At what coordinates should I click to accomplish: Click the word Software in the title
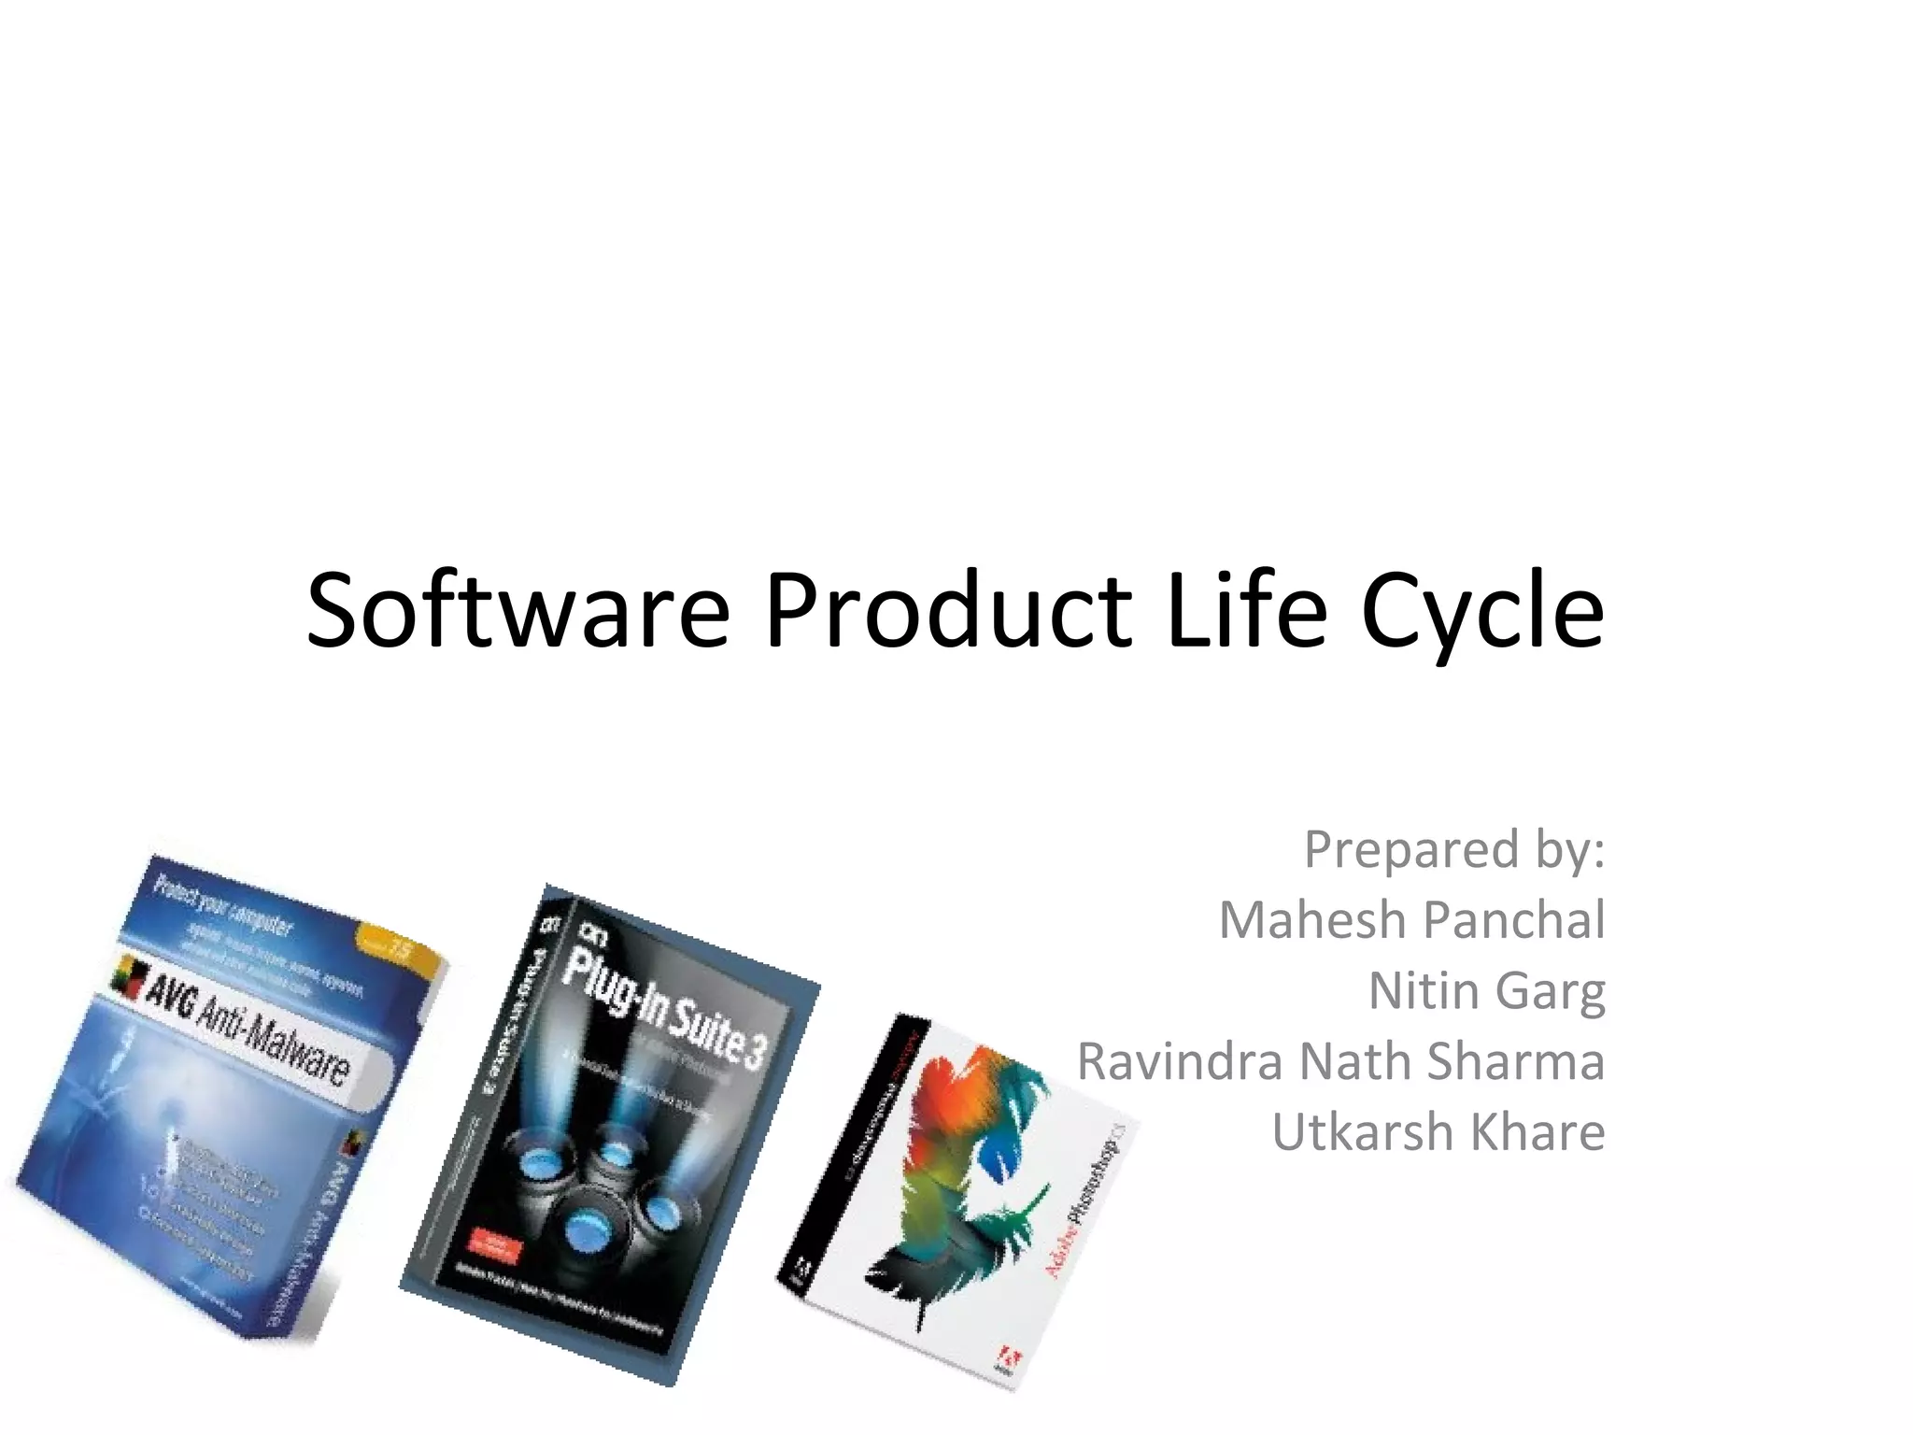click(x=517, y=611)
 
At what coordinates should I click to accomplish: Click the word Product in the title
click(x=949, y=611)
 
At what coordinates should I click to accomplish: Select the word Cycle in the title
click(x=1483, y=611)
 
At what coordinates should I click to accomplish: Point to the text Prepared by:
click(x=1454, y=849)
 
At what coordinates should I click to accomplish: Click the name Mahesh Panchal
click(x=1411, y=919)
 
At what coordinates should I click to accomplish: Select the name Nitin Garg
click(x=1486, y=990)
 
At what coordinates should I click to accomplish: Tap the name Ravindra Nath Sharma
click(x=1340, y=1061)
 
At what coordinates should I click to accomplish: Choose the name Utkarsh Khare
click(x=1438, y=1132)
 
